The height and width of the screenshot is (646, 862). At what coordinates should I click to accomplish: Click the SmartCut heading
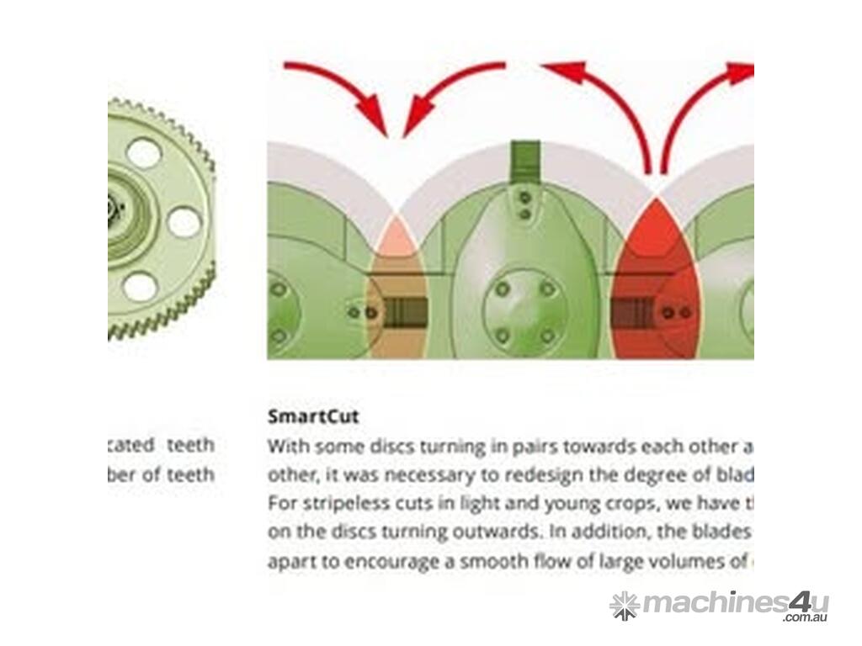(x=313, y=416)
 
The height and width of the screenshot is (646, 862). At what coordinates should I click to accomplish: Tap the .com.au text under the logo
(x=806, y=618)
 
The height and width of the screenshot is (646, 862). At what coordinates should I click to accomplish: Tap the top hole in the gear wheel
(x=144, y=153)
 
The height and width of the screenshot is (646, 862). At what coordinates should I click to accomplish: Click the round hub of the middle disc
(x=524, y=311)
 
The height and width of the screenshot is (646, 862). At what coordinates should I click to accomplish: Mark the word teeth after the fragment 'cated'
(x=190, y=445)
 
